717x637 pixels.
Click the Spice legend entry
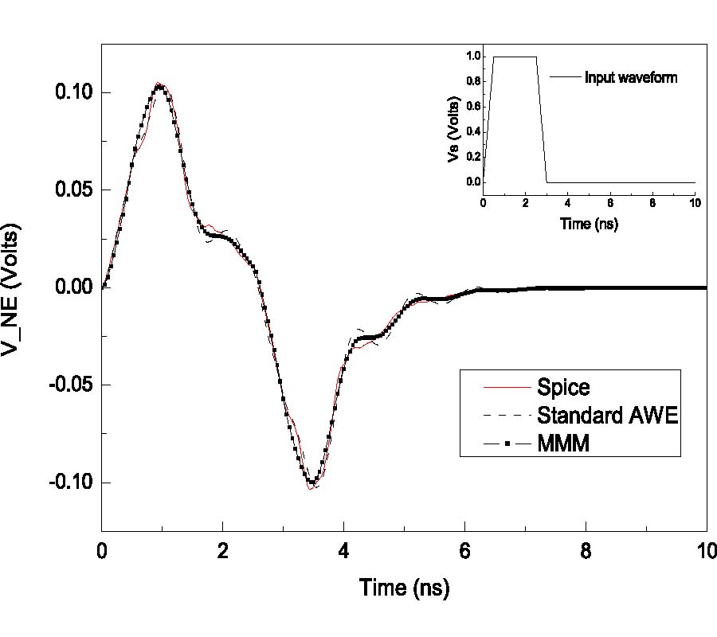click(564, 388)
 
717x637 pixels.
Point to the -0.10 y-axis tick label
click(72, 483)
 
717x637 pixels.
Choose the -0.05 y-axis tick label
click(72, 385)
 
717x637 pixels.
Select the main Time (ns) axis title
click(404, 588)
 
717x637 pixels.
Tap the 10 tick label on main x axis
click(706, 551)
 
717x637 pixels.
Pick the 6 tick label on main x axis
click(464, 551)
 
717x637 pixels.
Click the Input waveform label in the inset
click(631, 78)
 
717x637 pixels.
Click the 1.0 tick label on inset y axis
click(474, 57)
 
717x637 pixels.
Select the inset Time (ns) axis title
click(589, 223)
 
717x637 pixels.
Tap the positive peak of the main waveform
click(161, 85)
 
